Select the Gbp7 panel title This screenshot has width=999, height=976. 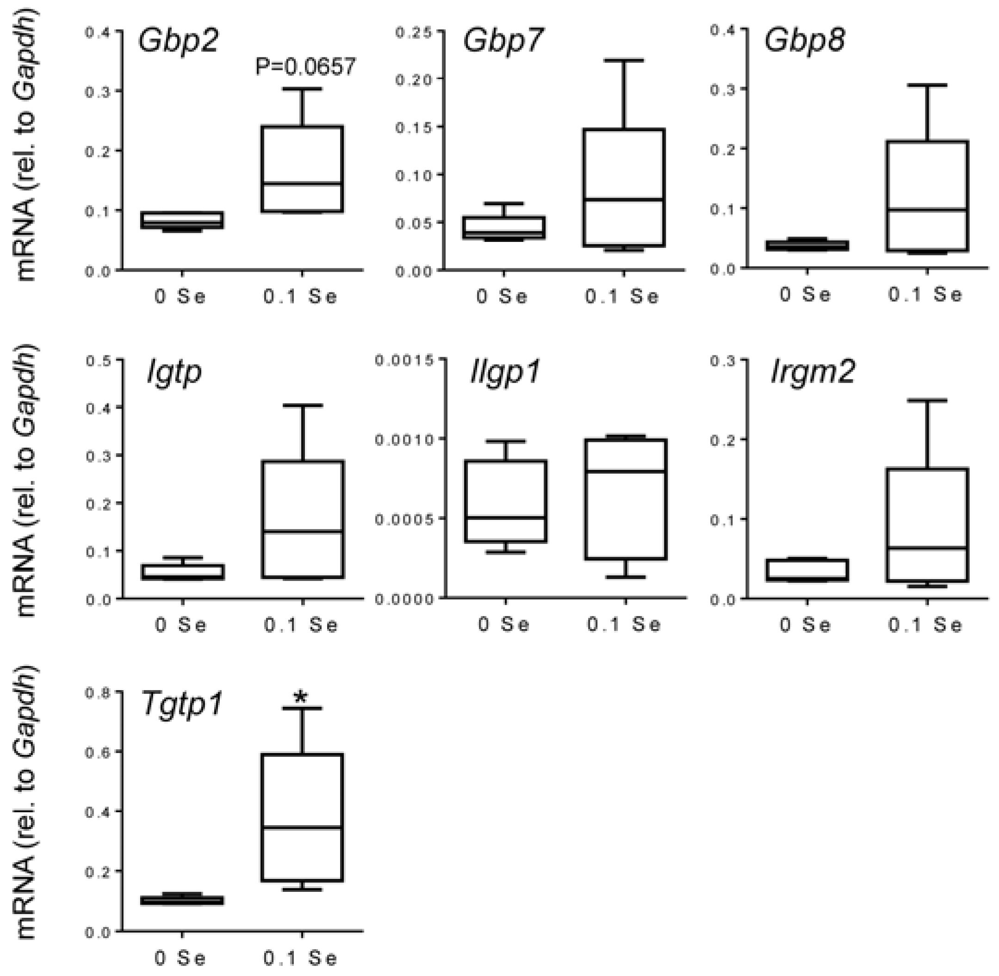point(502,41)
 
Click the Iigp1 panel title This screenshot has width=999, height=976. point(505,371)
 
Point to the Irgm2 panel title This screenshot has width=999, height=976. point(813,371)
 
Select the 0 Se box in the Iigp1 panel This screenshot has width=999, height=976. point(506,500)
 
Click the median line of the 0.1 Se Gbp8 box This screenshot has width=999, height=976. point(927,209)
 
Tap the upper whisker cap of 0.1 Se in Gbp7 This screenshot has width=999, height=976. point(624,61)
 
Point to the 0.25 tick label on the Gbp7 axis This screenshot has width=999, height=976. point(412,32)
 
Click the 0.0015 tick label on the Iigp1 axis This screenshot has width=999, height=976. point(403,360)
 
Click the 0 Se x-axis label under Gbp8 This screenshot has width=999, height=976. point(805,294)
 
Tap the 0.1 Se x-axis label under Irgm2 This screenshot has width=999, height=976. point(925,625)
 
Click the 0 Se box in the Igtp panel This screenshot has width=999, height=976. point(183,572)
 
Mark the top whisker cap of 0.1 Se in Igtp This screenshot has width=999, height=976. point(303,406)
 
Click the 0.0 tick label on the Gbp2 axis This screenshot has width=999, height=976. point(98,271)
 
